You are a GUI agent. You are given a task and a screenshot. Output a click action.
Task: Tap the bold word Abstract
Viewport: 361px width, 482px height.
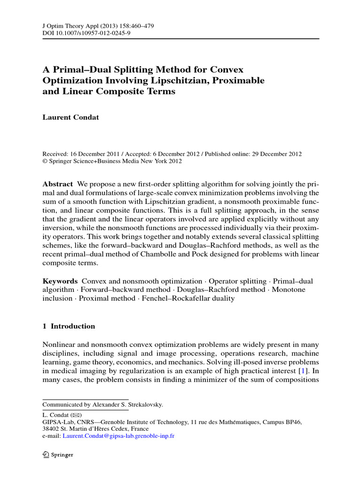[x=58, y=184]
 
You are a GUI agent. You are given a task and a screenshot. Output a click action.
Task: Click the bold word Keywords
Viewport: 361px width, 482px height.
[x=60, y=281]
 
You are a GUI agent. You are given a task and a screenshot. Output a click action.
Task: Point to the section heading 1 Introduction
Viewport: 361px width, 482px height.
[x=69, y=326]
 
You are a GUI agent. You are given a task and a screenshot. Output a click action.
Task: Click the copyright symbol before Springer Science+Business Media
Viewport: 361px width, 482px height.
[x=45, y=161]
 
